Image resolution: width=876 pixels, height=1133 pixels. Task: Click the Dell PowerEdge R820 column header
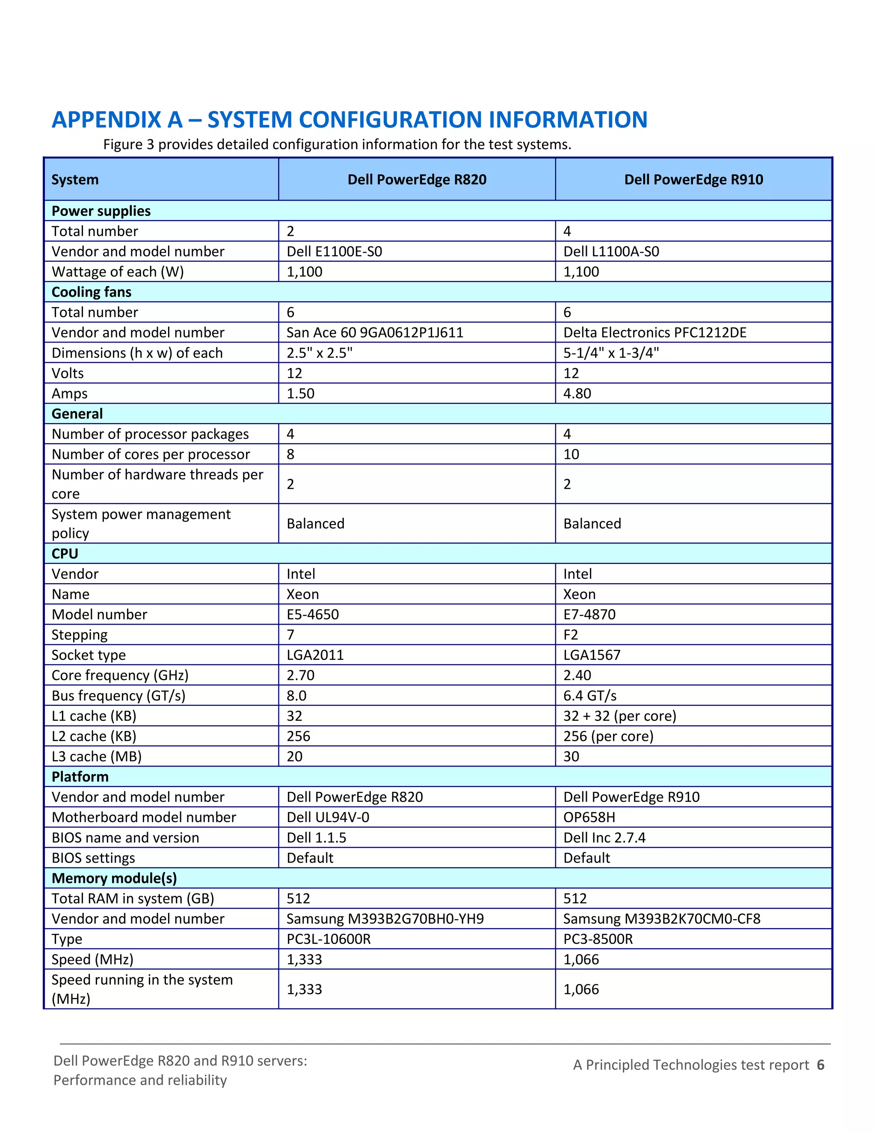pyautogui.click(x=417, y=180)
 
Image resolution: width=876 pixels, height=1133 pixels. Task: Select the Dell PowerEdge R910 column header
pyautogui.click(x=693, y=180)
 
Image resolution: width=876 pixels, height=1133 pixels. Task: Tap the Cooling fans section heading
pyautogui.click(x=92, y=292)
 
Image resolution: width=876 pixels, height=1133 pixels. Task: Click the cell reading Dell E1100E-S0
pyautogui.click(x=334, y=251)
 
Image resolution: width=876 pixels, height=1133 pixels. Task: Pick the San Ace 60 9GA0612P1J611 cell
pyautogui.click(x=375, y=333)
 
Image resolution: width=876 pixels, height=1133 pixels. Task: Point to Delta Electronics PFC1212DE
pyautogui.click(x=655, y=333)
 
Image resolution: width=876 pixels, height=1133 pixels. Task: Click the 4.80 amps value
pyautogui.click(x=577, y=394)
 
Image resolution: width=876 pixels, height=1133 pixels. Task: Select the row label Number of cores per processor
pyautogui.click(x=151, y=454)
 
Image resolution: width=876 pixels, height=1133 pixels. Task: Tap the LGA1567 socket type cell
pyautogui.click(x=592, y=655)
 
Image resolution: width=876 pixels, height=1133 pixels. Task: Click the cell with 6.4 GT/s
pyautogui.click(x=589, y=696)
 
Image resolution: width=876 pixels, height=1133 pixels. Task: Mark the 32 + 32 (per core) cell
pyautogui.click(x=620, y=716)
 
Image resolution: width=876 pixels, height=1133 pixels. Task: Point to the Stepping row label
pyautogui.click(x=80, y=635)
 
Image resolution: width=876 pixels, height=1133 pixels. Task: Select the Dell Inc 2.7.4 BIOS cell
pyautogui.click(x=604, y=838)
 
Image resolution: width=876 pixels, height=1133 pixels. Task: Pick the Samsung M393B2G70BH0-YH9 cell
pyautogui.click(x=385, y=919)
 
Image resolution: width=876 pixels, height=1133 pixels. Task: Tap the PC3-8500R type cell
pyautogui.click(x=598, y=939)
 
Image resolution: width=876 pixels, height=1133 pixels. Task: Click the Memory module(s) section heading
pyautogui.click(x=114, y=878)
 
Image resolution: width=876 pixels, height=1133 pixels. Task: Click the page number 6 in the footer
pyautogui.click(x=820, y=1065)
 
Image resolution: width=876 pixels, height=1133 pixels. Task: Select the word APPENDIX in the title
pyautogui.click(x=117, y=120)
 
